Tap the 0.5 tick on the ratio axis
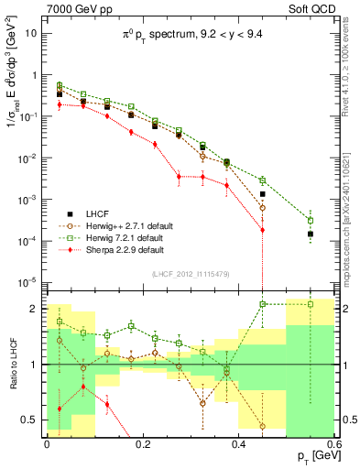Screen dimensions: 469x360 click(x=34, y=422)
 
